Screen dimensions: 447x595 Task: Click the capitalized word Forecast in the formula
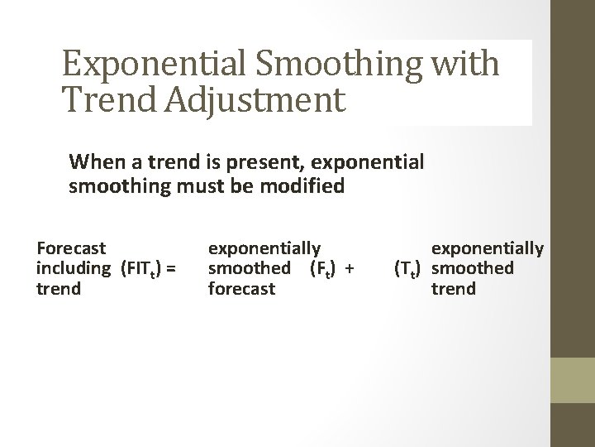(x=71, y=247)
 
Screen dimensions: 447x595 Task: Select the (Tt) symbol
(x=410, y=269)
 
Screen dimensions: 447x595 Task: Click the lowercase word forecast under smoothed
(x=241, y=290)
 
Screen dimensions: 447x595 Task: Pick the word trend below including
(x=59, y=290)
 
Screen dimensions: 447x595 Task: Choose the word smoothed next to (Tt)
(x=474, y=268)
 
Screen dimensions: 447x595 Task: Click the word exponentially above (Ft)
(x=264, y=247)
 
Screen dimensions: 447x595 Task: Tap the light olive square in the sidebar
(x=573, y=380)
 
